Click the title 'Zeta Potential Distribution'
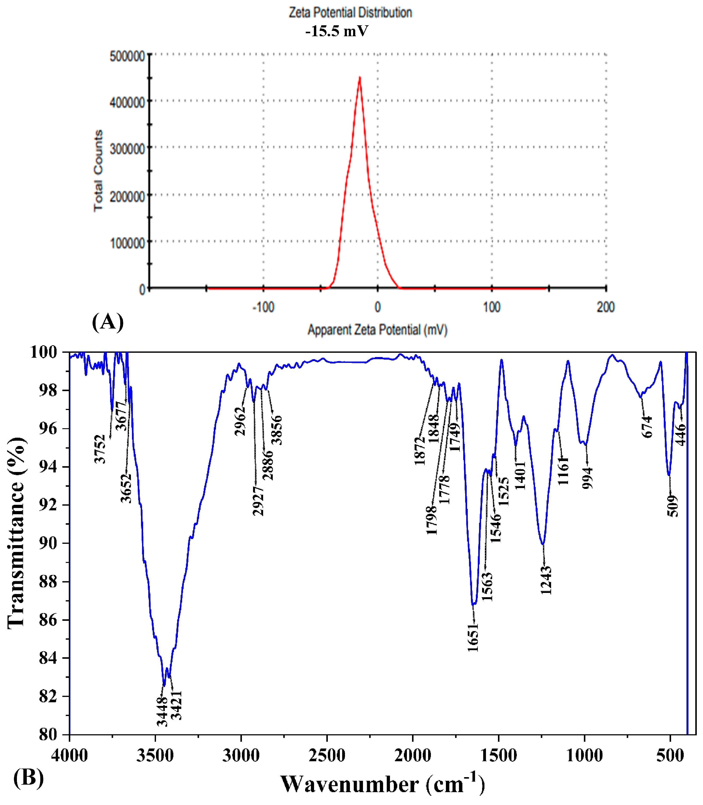tap(350, 13)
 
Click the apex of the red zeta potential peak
tap(359, 77)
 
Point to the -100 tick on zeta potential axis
tap(263, 307)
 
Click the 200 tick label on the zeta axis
tap(605, 307)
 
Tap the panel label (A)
tap(108, 322)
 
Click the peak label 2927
tap(258, 501)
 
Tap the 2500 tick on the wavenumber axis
tap(327, 755)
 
